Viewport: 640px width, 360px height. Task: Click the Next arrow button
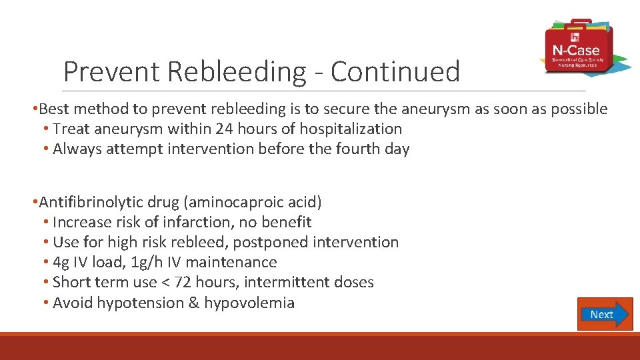coord(604,314)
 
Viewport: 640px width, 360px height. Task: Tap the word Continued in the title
coord(395,71)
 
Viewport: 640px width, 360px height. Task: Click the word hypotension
coord(139,303)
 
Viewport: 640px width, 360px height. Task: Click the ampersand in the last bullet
coord(194,303)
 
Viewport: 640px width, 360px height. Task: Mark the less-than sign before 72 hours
coord(163,283)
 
